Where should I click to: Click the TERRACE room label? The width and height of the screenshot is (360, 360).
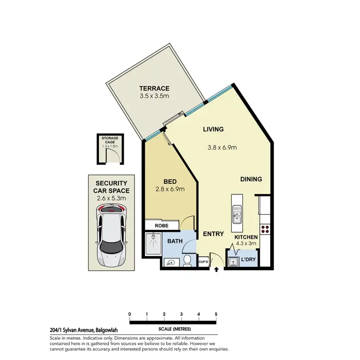tap(154, 88)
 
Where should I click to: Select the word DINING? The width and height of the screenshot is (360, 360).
tap(251, 179)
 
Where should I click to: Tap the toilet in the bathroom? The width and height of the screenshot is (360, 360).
tap(188, 261)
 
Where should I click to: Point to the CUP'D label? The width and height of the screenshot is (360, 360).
tap(203, 262)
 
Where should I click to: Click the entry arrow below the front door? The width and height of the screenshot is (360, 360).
tap(216, 270)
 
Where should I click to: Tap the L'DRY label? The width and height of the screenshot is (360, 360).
tap(248, 260)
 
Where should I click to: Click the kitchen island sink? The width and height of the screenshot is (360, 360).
tap(236, 213)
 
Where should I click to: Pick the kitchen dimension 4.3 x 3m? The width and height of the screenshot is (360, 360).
tap(246, 244)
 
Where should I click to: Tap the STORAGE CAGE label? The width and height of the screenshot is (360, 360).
tap(109, 141)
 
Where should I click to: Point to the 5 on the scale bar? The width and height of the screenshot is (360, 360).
tap(216, 314)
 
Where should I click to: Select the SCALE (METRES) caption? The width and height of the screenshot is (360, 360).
tap(174, 329)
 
